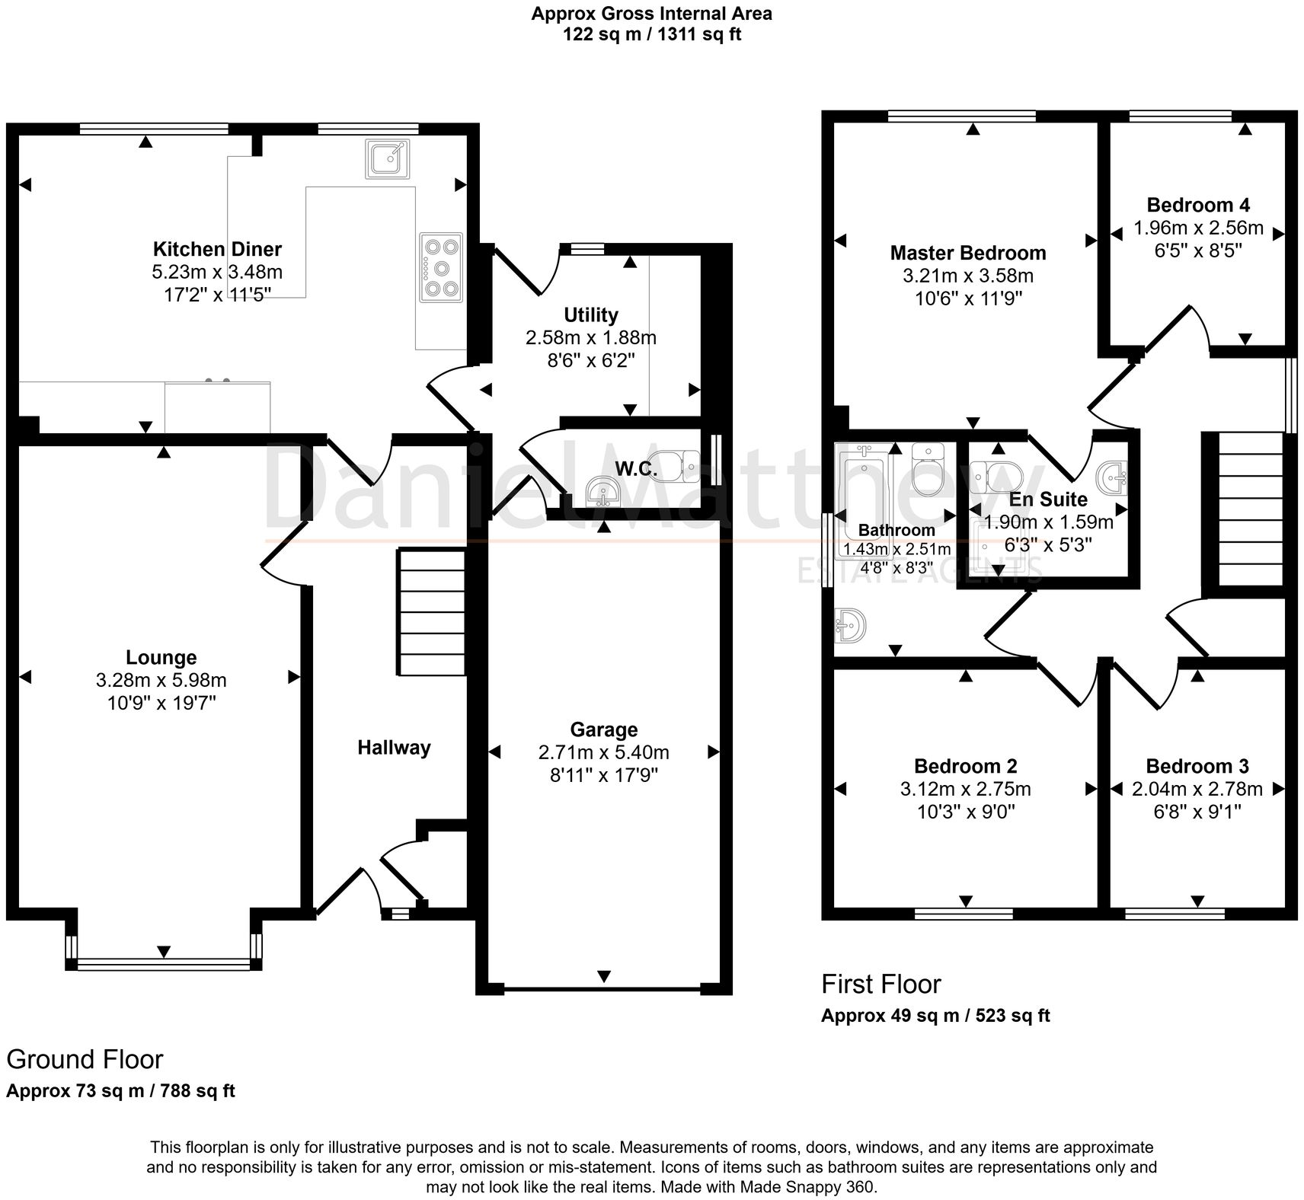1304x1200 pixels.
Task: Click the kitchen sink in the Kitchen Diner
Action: [387, 159]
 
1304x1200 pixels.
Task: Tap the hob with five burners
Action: [441, 267]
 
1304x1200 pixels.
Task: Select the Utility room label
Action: [590, 314]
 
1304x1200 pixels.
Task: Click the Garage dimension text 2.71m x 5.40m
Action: [603, 752]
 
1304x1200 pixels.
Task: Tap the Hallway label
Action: [394, 748]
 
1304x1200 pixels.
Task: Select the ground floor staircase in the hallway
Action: [430, 612]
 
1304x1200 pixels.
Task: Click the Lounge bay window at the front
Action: [163, 963]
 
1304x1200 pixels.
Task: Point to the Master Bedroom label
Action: [967, 253]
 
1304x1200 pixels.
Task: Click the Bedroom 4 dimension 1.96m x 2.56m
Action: [1198, 228]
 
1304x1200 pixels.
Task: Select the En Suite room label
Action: [1048, 499]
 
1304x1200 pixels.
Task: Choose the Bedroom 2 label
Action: [965, 766]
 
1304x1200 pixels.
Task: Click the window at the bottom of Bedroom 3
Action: [1174, 913]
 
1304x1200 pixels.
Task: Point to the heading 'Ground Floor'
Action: [85, 1059]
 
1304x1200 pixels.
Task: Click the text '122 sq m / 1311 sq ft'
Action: [651, 34]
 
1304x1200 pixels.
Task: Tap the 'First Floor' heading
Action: [881, 984]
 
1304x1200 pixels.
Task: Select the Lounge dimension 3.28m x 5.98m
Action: [161, 680]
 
